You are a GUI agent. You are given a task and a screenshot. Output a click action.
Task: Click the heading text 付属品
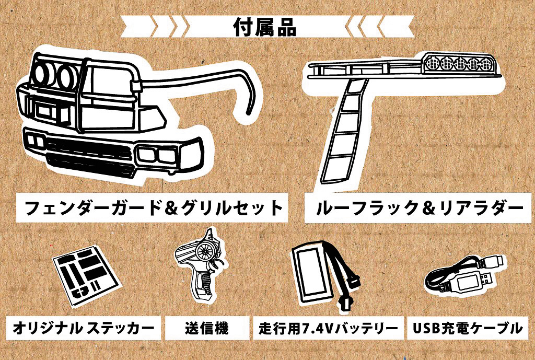[267, 26]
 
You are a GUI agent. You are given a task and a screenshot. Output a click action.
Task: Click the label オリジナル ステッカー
[84, 328]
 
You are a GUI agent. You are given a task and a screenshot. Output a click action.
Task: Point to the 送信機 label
[206, 328]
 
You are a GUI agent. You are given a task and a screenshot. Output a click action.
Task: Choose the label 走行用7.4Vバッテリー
[329, 329]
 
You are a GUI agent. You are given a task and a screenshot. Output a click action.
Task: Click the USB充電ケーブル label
[467, 328]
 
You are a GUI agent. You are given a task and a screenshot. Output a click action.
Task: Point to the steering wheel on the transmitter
[206, 252]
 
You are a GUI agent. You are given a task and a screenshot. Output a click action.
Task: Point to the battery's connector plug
[345, 304]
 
